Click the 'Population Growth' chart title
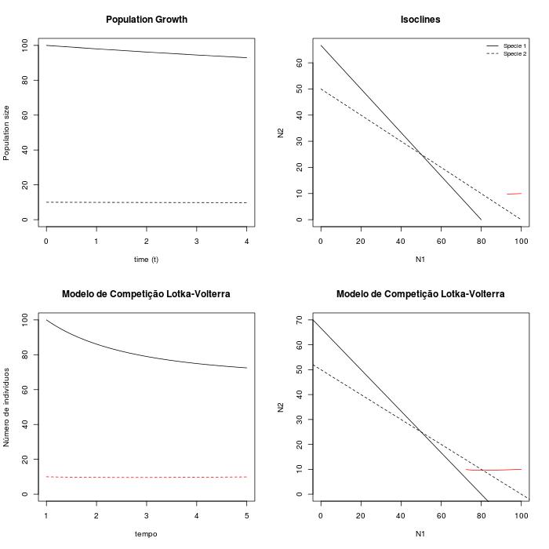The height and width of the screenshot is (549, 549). click(x=147, y=20)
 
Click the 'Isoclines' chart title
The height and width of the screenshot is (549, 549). click(x=420, y=20)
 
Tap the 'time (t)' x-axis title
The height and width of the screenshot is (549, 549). click(x=146, y=259)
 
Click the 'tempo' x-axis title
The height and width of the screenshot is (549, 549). click(x=146, y=533)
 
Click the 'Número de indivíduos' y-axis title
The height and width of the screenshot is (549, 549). click(x=6, y=406)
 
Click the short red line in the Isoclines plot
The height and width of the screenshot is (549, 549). click(x=514, y=194)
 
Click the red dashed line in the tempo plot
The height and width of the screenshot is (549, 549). click(x=146, y=477)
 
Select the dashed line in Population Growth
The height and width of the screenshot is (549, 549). click(x=146, y=202)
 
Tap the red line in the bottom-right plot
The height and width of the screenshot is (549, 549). click(x=494, y=470)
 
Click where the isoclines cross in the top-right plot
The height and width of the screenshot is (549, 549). click(x=421, y=155)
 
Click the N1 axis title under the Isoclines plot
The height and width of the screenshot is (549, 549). click(x=420, y=259)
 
